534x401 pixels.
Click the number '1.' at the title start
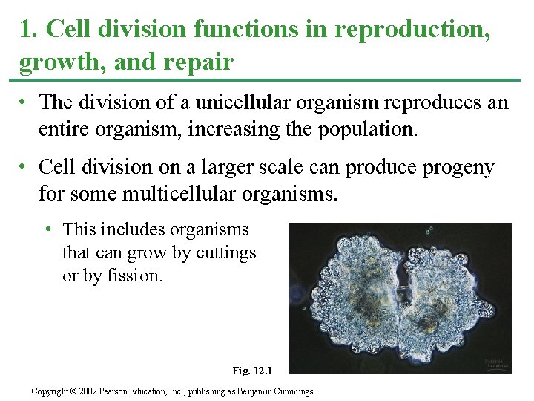(x=28, y=30)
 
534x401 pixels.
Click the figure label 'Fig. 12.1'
(x=252, y=370)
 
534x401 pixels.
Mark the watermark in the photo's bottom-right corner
(x=496, y=365)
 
